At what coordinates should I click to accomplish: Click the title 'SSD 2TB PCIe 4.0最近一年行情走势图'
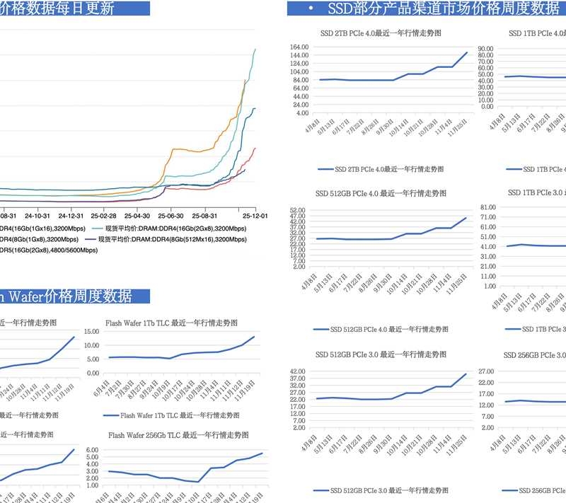pyautogui.click(x=381, y=33)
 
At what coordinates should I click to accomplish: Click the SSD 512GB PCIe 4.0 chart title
pyautogui.click(x=381, y=192)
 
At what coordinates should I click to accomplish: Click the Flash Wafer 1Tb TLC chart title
pyautogui.click(x=173, y=323)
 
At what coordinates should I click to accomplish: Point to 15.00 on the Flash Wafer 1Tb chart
pyautogui.click(x=93, y=331)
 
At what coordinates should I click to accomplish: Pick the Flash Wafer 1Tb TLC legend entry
pyautogui.click(x=170, y=415)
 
